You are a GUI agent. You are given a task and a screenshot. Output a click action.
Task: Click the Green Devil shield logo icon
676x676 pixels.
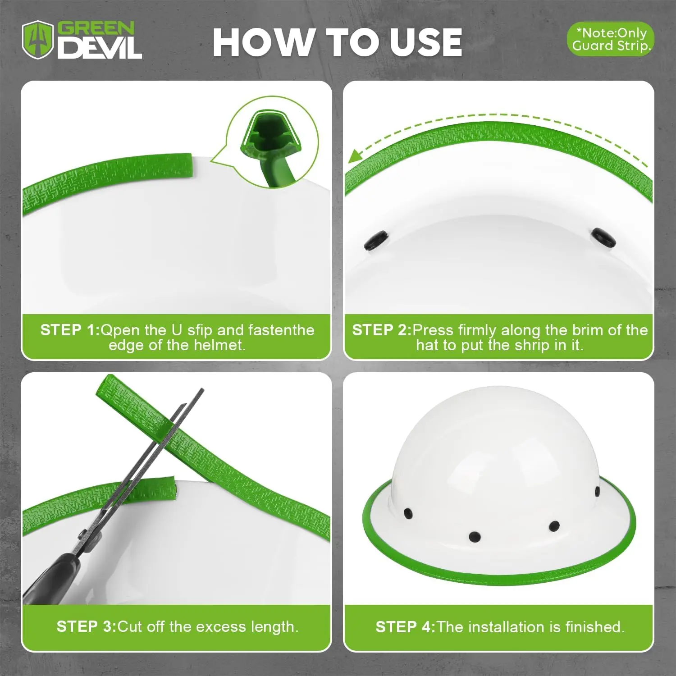38,40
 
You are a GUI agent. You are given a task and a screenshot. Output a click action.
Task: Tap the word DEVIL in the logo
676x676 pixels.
100,48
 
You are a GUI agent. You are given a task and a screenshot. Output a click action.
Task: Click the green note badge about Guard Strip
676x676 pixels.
610,39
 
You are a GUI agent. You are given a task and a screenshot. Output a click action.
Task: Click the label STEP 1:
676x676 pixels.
70,330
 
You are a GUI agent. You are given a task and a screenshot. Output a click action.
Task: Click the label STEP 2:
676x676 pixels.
382,330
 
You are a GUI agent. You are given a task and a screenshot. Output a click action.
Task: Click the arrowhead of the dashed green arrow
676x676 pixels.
356,156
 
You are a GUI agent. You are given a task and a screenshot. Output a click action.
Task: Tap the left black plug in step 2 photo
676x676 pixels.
376,240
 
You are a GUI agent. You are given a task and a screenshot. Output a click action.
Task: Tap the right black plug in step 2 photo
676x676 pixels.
604,238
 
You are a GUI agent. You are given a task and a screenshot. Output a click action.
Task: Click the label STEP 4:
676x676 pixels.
406,626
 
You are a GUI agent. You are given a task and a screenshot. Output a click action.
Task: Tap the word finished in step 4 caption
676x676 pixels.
595,626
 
